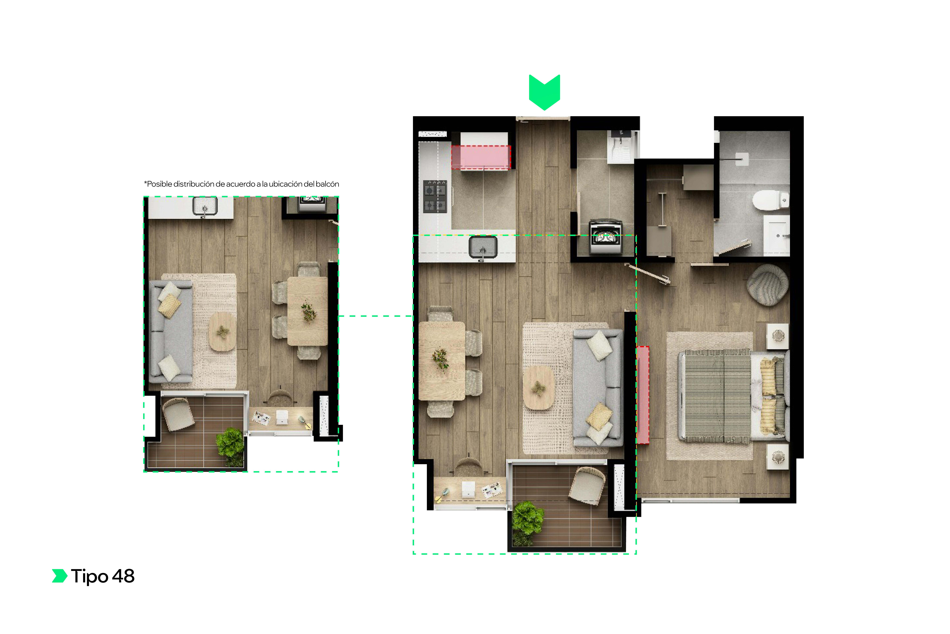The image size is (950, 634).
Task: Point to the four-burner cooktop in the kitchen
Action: [435, 196]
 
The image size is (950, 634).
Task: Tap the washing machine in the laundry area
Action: [605, 237]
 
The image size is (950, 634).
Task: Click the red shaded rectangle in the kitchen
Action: [481, 157]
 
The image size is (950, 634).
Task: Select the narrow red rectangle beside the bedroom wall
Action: [643, 395]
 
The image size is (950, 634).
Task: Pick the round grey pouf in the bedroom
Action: [767, 285]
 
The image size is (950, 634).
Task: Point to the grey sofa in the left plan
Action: [171, 331]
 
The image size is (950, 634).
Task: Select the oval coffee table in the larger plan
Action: [538, 388]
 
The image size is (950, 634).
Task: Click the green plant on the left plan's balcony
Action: [230, 446]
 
